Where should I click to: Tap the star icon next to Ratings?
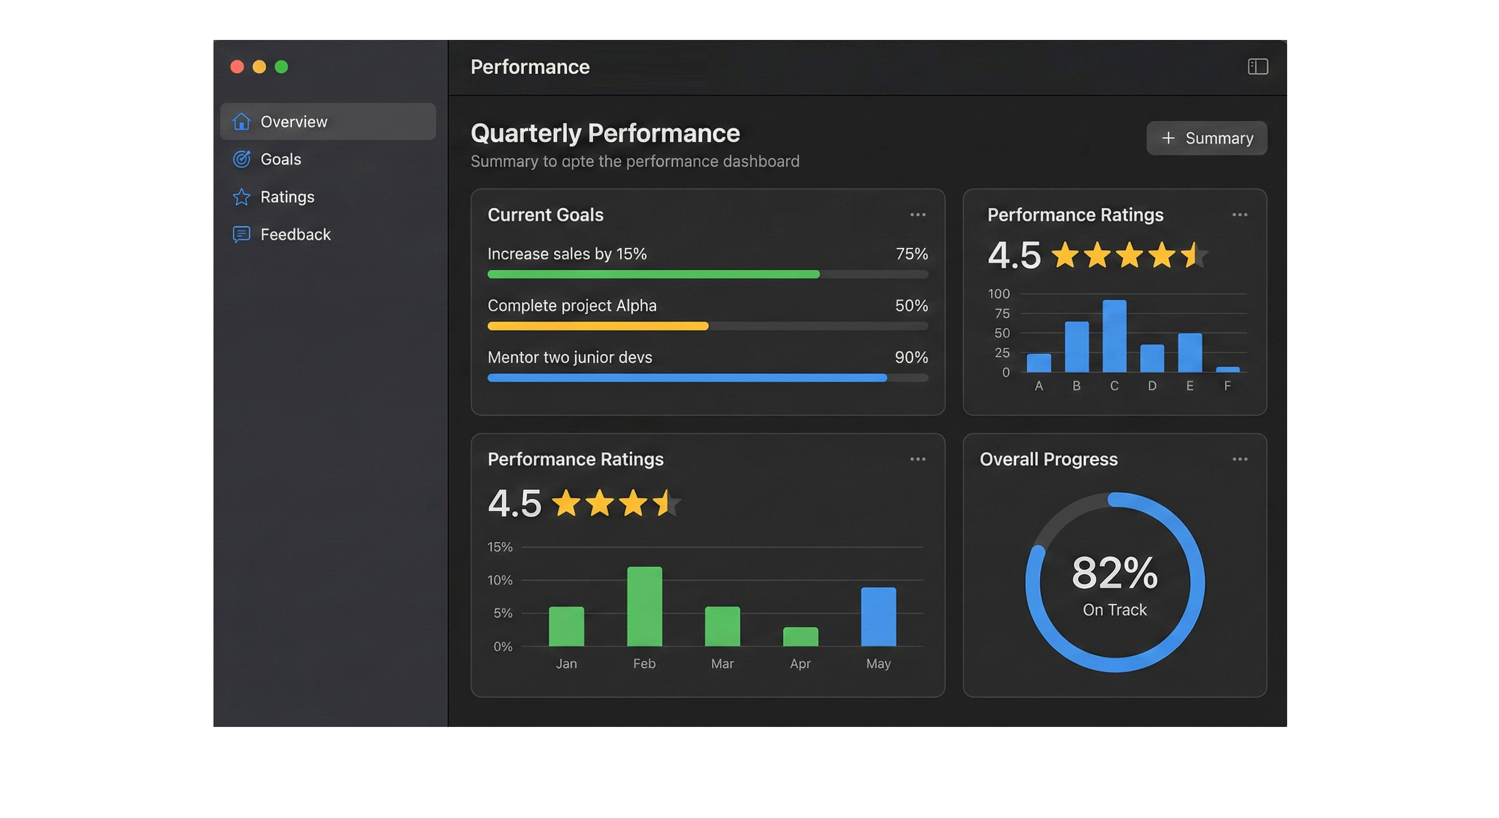coord(242,197)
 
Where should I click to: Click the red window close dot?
coord(237,67)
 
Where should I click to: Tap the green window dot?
coord(282,67)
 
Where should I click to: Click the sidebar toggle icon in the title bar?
coord(1257,67)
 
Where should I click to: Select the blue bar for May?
coord(878,617)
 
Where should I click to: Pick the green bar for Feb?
coord(644,606)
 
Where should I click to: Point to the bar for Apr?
coord(800,636)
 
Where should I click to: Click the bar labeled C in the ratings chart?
coord(1114,336)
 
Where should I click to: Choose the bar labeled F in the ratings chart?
coord(1227,369)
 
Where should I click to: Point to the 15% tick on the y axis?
coord(500,547)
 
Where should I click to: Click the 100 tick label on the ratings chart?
coord(999,294)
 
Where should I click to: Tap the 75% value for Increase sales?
coord(911,254)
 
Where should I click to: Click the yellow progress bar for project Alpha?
coord(598,326)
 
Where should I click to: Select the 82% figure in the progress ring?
coord(1114,572)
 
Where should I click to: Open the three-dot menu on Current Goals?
coord(918,215)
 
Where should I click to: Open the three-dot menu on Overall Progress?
coord(1239,460)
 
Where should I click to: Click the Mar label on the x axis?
coord(722,664)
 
